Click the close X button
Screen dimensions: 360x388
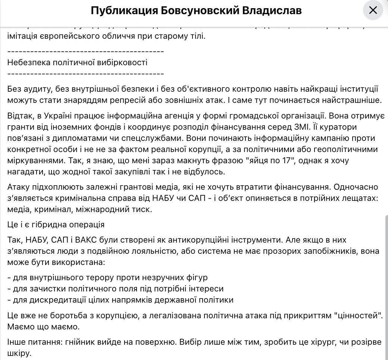(373, 10)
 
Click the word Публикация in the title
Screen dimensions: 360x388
(124, 10)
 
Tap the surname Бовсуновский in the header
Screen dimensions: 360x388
(200, 10)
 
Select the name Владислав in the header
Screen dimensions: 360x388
(272, 10)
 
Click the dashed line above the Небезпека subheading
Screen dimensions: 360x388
(85, 51)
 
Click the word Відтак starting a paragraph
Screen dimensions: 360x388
(20, 116)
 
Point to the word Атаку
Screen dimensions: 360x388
(18, 187)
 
